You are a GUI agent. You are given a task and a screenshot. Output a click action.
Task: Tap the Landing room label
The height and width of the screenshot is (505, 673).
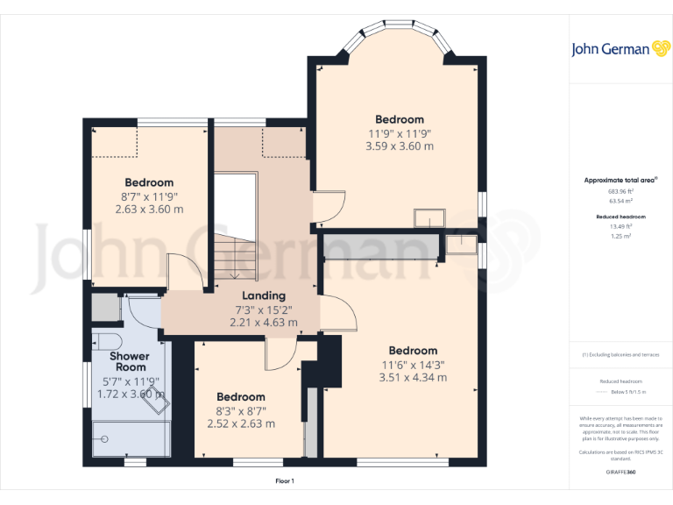click(x=263, y=296)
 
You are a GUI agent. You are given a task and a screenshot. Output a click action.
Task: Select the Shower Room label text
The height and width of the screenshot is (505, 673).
click(x=129, y=362)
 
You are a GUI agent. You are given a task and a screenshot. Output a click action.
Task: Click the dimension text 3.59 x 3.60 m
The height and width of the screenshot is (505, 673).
click(x=400, y=146)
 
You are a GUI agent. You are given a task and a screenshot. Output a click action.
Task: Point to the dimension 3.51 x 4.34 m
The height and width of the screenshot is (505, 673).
click(x=413, y=378)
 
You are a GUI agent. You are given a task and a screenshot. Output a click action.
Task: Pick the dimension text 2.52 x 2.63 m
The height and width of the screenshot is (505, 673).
click(x=241, y=423)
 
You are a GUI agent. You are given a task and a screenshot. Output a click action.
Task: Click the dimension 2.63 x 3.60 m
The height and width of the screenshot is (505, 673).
click(x=149, y=210)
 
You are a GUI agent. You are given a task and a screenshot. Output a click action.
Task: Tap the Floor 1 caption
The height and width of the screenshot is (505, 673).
click(x=285, y=481)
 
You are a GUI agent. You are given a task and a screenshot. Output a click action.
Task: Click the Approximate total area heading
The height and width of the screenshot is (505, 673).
click(x=621, y=180)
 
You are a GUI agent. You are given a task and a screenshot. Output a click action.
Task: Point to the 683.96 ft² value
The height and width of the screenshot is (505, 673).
click(x=621, y=190)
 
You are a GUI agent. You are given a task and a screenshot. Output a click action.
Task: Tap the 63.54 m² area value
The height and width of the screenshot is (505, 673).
click(x=621, y=200)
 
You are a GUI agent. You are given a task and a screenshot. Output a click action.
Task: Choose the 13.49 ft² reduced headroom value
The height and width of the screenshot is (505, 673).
click(x=621, y=225)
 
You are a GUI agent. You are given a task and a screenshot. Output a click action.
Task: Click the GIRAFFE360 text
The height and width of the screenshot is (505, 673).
click(x=621, y=473)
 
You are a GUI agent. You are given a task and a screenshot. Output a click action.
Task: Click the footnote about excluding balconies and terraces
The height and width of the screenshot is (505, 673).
click(x=621, y=355)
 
